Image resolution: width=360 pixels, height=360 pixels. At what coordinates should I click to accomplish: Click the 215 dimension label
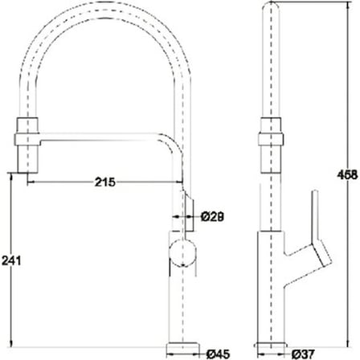click(105, 182)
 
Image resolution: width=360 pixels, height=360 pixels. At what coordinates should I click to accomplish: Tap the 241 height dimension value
click(11, 260)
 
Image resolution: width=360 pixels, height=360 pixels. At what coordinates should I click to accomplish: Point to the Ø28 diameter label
click(212, 217)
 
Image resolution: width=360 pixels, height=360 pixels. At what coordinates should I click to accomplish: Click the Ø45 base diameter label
click(219, 354)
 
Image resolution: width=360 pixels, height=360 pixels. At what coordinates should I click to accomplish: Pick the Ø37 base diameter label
click(303, 354)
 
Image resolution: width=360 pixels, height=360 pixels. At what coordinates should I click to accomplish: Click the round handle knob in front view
click(182, 252)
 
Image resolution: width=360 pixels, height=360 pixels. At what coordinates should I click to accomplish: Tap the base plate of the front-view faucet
click(183, 347)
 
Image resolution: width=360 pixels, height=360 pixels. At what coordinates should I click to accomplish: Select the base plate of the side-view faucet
click(271, 346)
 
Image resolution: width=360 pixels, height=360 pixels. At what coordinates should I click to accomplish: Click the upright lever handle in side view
click(315, 215)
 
